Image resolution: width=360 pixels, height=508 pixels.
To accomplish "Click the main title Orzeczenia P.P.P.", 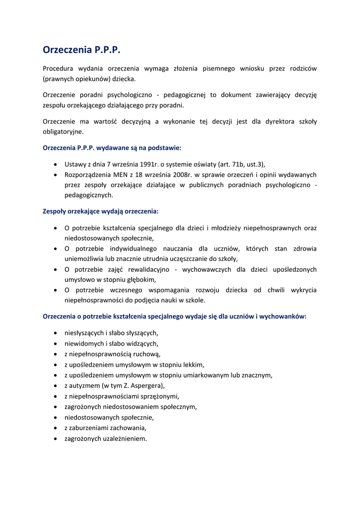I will [81, 50].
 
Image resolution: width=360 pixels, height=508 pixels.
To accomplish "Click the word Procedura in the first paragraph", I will [58, 68].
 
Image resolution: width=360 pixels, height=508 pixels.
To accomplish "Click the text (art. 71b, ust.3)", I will [245, 164].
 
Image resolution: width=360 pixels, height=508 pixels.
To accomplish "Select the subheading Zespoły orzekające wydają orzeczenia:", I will [100, 211].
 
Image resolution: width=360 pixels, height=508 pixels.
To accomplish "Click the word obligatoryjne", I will [63, 132].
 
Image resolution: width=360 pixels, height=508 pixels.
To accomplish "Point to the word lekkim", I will [194, 365].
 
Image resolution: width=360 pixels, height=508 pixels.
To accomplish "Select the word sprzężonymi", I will [161, 396].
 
